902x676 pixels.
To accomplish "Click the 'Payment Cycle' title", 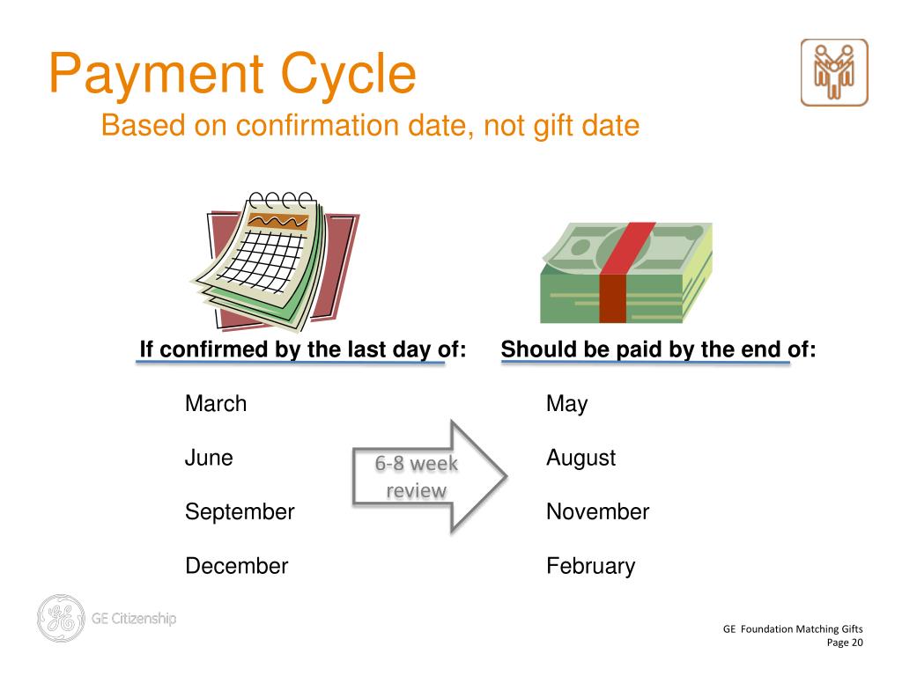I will pos(232,74).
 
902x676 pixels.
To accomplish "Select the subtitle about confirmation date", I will pos(370,125).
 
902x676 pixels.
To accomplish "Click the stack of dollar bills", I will pos(625,273).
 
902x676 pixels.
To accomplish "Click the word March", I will pos(216,404).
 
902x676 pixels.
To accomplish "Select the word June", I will pos(209,458).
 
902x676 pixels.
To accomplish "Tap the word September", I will pos(240,511).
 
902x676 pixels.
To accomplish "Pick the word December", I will pos(236,566).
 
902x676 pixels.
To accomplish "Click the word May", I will pos(566,404).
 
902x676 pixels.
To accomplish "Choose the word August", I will pos(580,458).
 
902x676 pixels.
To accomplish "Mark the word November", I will pos(597,511).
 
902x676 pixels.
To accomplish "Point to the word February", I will pos(590,566).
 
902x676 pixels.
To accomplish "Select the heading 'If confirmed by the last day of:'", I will pos(302,349).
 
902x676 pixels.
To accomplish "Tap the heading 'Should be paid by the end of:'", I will pos(658,349).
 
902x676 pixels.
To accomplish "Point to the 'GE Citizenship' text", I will pos(134,618).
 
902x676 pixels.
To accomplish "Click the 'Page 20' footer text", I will pos(844,643).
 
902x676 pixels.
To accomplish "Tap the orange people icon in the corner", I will pos(833,72).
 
